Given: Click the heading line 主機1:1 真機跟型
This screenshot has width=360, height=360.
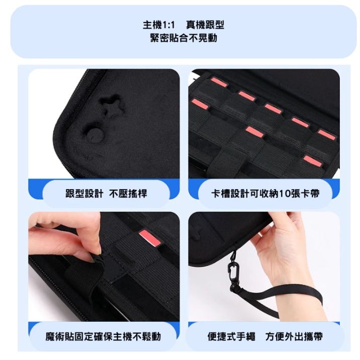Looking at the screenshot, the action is (x=184, y=25).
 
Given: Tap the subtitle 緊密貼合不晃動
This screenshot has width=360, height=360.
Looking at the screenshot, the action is (x=184, y=38).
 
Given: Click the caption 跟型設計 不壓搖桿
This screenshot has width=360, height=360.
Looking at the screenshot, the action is (x=106, y=194).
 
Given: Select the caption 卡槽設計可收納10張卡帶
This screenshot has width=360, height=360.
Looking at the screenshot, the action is (x=265, y=194).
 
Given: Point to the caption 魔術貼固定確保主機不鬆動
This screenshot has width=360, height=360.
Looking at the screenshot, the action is (x=103, y=336).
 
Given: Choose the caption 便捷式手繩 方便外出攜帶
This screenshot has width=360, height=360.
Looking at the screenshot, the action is (x=265, y=336).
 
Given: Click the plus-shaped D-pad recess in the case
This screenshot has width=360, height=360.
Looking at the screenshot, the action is (x=111, y=106).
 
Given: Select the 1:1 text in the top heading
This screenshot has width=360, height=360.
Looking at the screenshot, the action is (x=169, y=25).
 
